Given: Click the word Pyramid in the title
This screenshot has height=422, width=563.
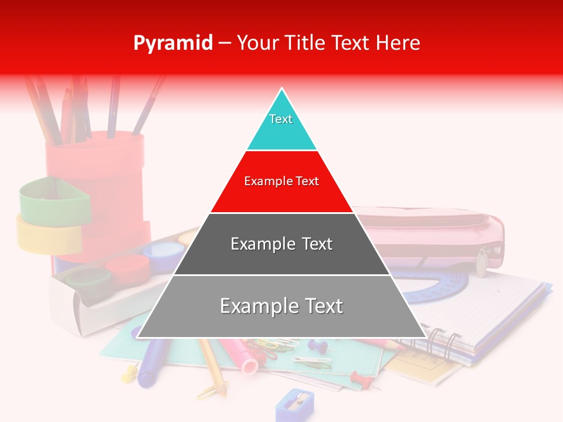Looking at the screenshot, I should tap(172, 43).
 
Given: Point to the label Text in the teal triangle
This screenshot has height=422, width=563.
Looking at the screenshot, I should tap(281, 119).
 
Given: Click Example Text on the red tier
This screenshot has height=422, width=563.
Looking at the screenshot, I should tap(281, 181).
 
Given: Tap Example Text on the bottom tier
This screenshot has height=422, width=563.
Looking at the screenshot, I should tap(281, 306).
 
